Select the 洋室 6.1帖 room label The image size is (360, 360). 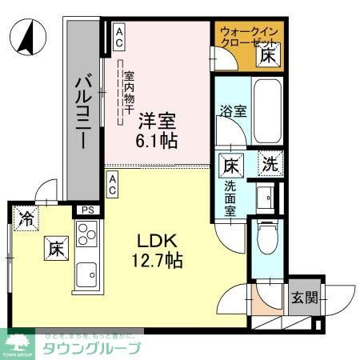[x=158, y=129]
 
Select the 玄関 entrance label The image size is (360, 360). [x=303, y=299]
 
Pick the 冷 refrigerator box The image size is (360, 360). [x=26, y=218]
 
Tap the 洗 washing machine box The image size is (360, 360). [x=272, y=166]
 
